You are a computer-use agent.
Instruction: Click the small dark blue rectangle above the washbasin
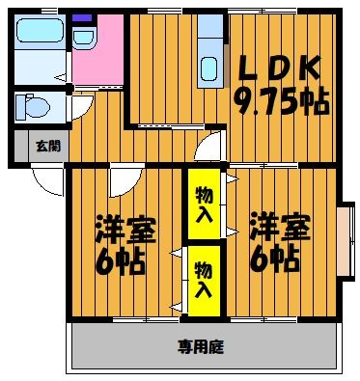pyautogui.click(x=81, y=18)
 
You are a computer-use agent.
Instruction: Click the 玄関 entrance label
pyautogui.click(x=48, y=147)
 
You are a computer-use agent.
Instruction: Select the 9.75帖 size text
pyautogui.click(x=281, y=97)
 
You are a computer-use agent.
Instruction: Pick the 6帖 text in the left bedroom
pyautogui.click(x=122, y=259)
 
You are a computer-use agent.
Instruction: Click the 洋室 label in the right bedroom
pyautogui.click(x=280, y=230)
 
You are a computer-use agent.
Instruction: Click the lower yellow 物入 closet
pyautogui.click(x=203, y=278)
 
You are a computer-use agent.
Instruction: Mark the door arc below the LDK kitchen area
pyautogui.click(x=209, y=147)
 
